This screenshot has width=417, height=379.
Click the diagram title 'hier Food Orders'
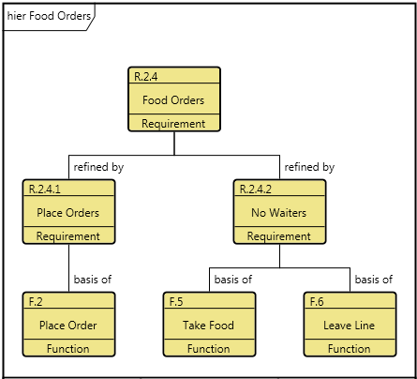[x=49, y=16]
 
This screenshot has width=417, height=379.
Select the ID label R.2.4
[x=145, y=77]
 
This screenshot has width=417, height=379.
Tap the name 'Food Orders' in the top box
[x=173, y=100]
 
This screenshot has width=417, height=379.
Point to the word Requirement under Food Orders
[x=173, y=124]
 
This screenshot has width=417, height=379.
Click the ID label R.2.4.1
[x=44, y=189]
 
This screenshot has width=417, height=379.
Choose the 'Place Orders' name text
[x=67, y=213]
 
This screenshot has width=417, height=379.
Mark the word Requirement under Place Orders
[x=67, y=236]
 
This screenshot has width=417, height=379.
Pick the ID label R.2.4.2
[x=256, y=189]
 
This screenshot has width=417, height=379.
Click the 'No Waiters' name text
[x=278, y=213]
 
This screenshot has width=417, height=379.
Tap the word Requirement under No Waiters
[x=278, y=236]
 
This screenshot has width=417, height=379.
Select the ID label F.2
[x=36, y=302]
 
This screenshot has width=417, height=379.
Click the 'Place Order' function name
[x=67, y=326]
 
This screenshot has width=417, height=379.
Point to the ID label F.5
[x=176, y=302]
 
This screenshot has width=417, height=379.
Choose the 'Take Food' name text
[x=208, y=326]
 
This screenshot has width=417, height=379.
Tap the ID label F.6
[x=317, y=302]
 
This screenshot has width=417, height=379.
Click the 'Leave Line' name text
[x=349, y=326]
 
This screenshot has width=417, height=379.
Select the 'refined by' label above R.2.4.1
[x=98, y=167]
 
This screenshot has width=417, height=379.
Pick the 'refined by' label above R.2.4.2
[x=309, y=167]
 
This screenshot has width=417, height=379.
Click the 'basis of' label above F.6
[x=374, y=280]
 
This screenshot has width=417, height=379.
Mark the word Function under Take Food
[x=208, y=349]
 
